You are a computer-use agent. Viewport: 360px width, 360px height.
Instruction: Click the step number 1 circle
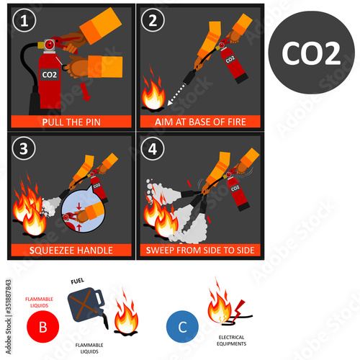[26, 21]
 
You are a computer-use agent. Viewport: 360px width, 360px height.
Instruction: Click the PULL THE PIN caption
[70, 122]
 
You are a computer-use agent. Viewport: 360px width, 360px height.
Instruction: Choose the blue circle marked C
[181, 325]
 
